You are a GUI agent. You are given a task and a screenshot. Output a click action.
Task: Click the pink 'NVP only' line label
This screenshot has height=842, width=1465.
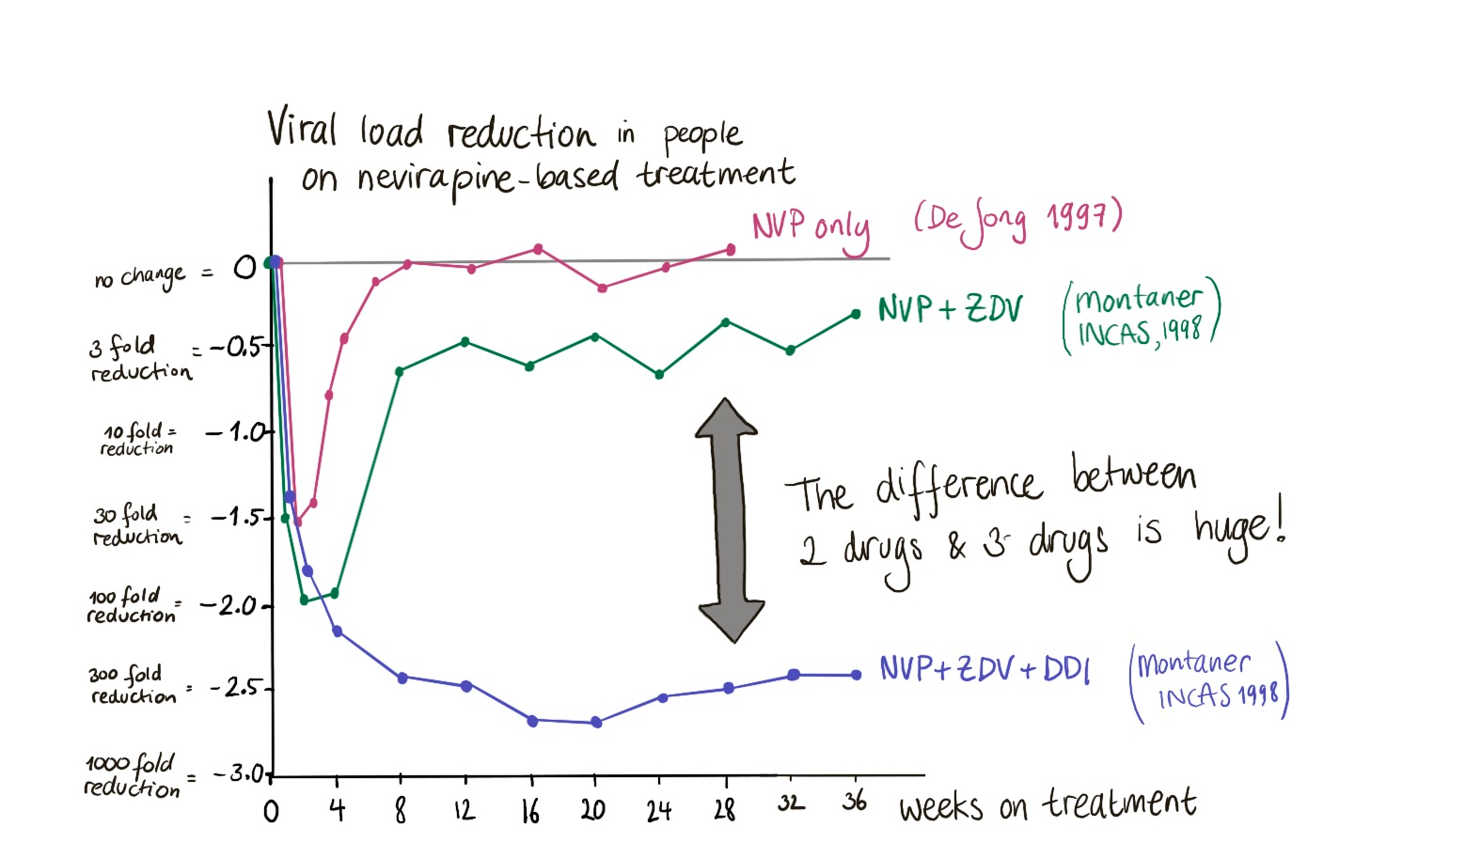pos(811,228)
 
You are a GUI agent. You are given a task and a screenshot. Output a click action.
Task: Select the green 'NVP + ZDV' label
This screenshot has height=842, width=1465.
pos(949,309)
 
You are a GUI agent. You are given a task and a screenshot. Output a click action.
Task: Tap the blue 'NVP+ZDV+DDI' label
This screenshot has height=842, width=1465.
pos(985,669)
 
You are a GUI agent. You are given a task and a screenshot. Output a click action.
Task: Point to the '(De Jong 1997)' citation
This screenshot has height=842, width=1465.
pos(1017,221)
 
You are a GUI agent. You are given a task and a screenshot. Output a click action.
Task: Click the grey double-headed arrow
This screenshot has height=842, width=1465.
pos(729,520)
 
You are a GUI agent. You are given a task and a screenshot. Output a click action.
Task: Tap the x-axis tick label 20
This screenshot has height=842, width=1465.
pos(593,808)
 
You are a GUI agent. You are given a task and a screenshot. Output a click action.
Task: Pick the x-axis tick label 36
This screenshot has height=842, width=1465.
pos(854,802)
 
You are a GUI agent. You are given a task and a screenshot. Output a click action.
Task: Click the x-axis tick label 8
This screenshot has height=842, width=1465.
pos(401,809)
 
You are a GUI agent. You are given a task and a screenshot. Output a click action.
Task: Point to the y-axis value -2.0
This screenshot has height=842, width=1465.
pos(229,606)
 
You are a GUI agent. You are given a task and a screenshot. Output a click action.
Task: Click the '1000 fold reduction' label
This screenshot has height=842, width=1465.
pos(132,776)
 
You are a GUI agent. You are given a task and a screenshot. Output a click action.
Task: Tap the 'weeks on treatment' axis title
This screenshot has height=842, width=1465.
pos(1047,805)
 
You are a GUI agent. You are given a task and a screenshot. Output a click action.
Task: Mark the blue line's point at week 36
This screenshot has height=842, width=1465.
pos(856,675)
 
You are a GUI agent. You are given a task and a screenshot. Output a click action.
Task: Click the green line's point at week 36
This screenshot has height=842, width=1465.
pos(856,314)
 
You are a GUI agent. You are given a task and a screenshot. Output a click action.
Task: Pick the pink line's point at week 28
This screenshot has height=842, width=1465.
pos(731,250)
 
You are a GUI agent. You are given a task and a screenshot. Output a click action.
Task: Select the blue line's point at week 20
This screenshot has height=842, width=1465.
pos(595,723)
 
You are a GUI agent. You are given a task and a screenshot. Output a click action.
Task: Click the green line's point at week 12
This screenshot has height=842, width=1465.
pos(465,342)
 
